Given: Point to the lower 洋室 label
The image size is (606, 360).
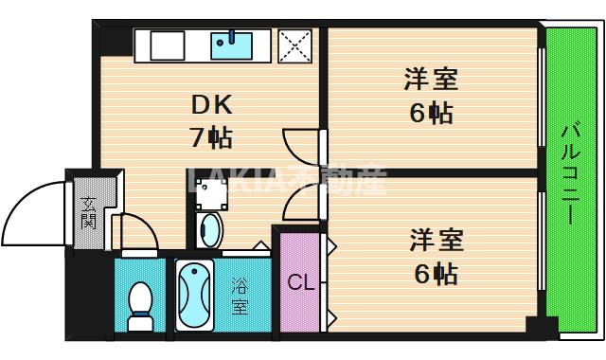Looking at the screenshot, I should click(434, 240).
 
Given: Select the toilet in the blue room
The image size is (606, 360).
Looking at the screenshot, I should click(140, 303).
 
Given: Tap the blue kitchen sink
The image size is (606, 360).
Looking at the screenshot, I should click(230, 44).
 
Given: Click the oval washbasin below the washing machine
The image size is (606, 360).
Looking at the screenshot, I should click(208, 230).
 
